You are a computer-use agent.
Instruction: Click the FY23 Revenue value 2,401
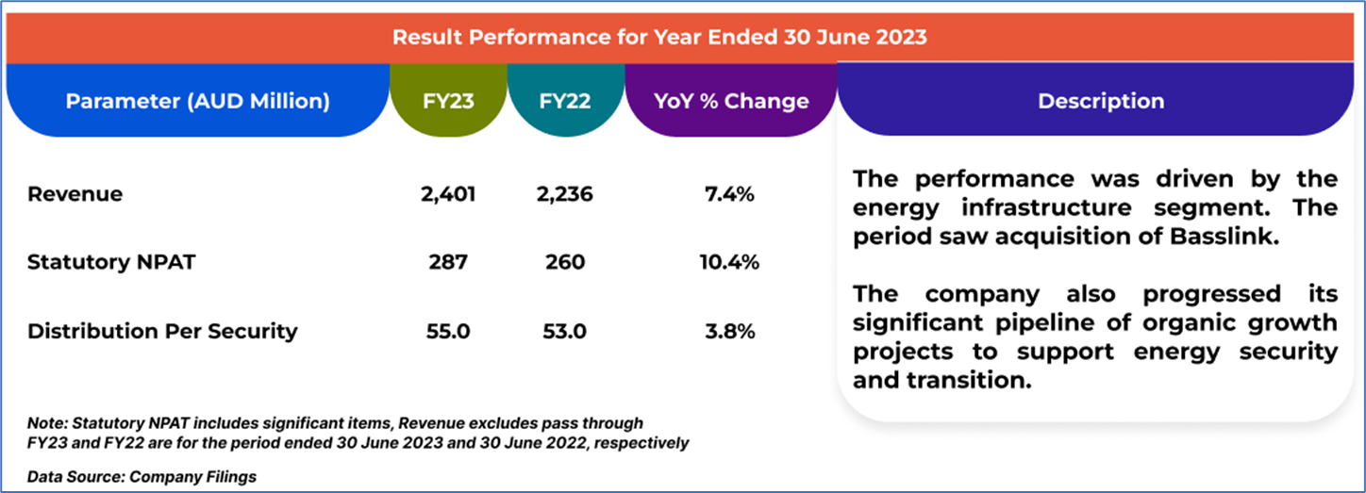pyautogui.click(x=449, y=195)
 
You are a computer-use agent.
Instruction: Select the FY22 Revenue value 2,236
pyautogui.click(x=564, y=195)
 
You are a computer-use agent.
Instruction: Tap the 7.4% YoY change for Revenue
pyautogui.click(x=730, y=195)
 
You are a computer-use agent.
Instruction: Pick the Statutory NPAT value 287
pyautogui.click(x=449, y=263)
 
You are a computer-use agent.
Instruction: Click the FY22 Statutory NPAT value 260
pyautogui.click(x=564, y=263)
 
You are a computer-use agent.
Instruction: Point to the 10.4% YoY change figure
pyautogui.click(x=730, y=263)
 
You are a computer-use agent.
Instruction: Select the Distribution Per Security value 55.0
pyautogui.click(x=449, y=331)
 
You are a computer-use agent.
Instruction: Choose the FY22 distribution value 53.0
pyautogui.click(x=564, y=331)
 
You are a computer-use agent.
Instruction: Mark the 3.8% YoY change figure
pyautogui.click(x=730, y=331)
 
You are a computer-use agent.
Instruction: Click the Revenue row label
pyautogui.click(x=75, y=195)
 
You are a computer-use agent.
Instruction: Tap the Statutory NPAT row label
pyautogui.click(x=111, y=263)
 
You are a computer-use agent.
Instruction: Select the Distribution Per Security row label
pyautogui.click(x=162, y=331)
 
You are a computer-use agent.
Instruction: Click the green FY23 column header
pyautogui.click(x=449, y=101)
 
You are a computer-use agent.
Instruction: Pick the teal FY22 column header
pyautogui.click(x=565, y=101)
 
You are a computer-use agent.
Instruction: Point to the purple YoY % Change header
pyautogui.click(x=731, y=101)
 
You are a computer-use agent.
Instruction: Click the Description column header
pyautogui.click(x=1101, y=101)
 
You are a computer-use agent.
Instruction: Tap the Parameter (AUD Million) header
pyautogui.click(x=197, y=101)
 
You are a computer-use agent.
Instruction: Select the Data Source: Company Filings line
pyautogui.click(x=142, y=476)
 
